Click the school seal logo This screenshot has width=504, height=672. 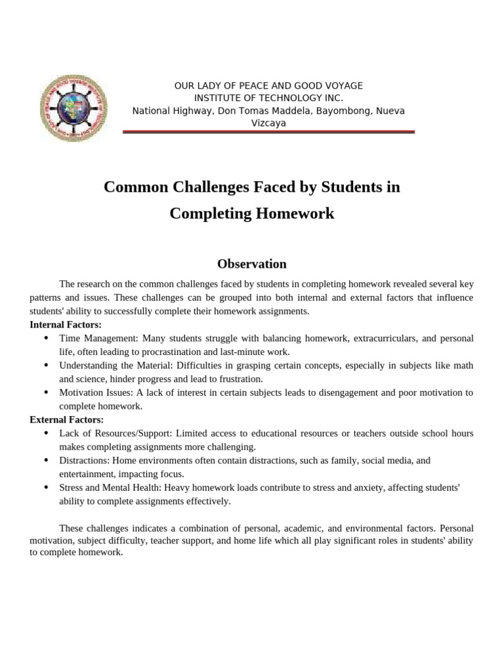click(73, 105)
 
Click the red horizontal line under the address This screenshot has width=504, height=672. click(269, 133)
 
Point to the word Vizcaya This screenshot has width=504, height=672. click(268, 123)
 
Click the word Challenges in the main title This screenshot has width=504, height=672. click(209, 187)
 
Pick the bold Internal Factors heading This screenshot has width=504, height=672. click(66, 324)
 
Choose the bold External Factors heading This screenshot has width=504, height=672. click(66, 419)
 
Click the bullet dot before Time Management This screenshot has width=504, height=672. click(45, 338)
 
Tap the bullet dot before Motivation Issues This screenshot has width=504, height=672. click(45, 392)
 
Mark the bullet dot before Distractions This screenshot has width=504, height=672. click(45, 461)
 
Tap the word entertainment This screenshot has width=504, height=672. click(86, 474)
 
